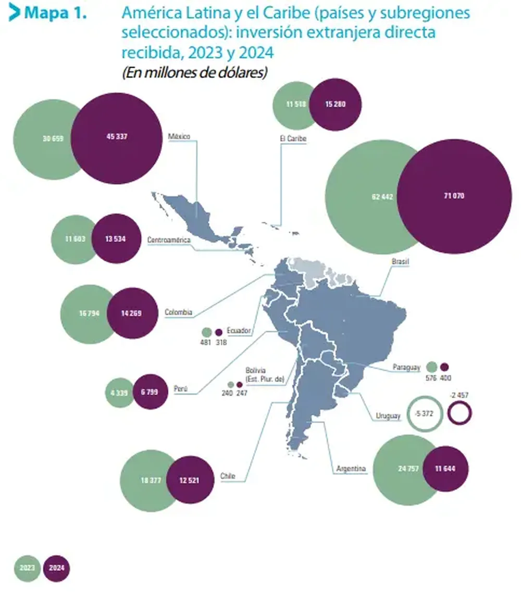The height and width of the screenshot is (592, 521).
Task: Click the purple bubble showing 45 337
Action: click(116, 138)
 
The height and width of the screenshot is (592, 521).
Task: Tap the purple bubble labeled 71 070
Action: click(454, 196)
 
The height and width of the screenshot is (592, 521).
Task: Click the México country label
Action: click(179, 136)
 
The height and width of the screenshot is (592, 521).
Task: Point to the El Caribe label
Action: click(293, 138)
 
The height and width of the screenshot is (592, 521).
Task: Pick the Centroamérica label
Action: click(169, 240)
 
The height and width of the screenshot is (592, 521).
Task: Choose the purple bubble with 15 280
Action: click(335, 104)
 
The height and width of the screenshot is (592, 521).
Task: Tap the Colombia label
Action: click(178, 312)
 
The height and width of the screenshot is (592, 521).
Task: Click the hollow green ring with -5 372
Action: click(424, 413)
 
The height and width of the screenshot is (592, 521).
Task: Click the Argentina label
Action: click(351, 469)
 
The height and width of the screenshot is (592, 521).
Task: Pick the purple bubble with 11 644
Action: click(445, 469)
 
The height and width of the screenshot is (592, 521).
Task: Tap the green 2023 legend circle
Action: click(27, 568)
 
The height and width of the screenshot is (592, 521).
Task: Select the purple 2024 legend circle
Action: click(57, 568)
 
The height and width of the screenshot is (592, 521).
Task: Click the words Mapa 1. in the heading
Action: click(56, 13)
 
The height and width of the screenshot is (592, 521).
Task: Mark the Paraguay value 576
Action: click(431, 378)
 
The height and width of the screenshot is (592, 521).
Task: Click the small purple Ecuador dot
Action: click(218, 333)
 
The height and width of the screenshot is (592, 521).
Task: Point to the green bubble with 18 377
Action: click(147, 481)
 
